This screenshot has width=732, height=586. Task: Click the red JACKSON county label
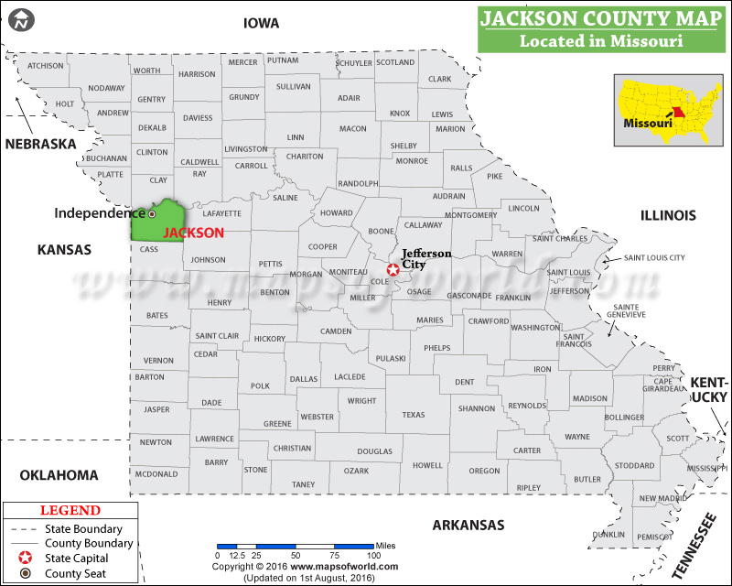pyautogui.click(x=193, y=233)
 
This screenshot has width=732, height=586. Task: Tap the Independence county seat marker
pyautogui.click(x=152, y=213)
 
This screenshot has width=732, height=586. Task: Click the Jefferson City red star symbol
pyautogui.click(x=393, y=269)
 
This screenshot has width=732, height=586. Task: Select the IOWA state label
pyautogui.click(x=262, y=23)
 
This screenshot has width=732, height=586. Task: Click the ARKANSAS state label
pyautogui.click(x=469, y=525)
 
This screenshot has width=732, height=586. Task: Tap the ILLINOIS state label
pyautogui.click(x=668, y=215)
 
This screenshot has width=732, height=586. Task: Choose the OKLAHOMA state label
pyautogui.click(x=59, y=474)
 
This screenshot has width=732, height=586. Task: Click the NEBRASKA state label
pyautogui.click(x=40, y=144)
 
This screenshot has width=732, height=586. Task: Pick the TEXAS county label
pyautogui.click(x=414, y=415)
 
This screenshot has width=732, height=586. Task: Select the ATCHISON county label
pyautogui.click(x=46, y=66)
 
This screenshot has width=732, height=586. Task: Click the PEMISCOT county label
pyautogui.click(x=655, y=536)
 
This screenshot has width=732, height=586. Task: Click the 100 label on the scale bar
pyautogui.click(x=373, y=555)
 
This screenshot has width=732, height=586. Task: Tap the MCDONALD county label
pyautogui.click(x=156, y=474)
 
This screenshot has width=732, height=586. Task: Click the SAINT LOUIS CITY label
pyautogui.click(x=654, y=258)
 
